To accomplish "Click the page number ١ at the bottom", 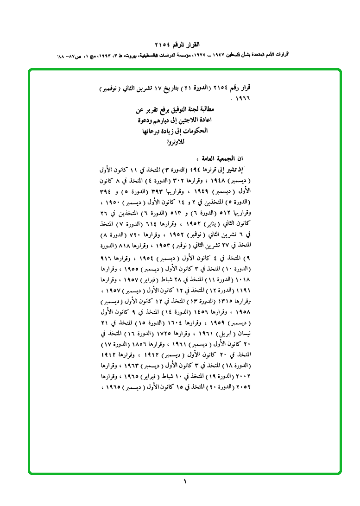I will pos(184,482).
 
